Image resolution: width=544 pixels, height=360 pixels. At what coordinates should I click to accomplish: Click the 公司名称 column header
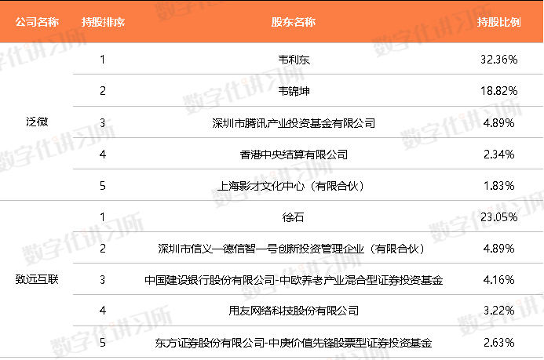pos(37,22)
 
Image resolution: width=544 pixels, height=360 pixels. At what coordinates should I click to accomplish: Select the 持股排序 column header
pos(103,22)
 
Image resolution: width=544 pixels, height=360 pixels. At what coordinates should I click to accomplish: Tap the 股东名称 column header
pos(294,22)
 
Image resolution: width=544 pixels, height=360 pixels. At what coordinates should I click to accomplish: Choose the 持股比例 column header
pos(499,22)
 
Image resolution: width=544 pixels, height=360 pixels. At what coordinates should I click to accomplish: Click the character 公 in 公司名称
pos(20,22)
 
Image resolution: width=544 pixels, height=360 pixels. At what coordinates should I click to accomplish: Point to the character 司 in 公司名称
pos(31,22)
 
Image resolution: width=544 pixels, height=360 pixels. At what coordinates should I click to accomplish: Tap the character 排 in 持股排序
pos(108,22)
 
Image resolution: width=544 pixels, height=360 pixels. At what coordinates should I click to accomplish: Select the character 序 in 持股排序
pos(119,22)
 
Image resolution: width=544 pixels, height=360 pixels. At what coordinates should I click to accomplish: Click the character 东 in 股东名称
pos(288,22)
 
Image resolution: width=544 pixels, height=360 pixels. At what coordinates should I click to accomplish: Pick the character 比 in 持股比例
pos(505,22)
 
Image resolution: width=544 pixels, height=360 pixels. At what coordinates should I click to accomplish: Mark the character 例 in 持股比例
pos(516,22)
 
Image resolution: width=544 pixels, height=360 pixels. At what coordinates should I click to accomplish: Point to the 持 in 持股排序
pos(86,22)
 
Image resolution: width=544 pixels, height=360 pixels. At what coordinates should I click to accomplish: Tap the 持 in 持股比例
pos(483,22)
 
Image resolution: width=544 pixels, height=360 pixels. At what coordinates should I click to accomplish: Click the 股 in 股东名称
pos(277,22)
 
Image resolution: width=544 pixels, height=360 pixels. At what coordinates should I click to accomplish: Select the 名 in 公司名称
pos(42,22)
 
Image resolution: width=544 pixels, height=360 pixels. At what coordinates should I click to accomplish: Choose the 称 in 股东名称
pos(310,22)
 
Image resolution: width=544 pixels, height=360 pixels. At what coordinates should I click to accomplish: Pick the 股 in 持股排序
pos(97,22)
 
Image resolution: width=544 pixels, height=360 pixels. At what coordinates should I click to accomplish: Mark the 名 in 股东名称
pos(299,22)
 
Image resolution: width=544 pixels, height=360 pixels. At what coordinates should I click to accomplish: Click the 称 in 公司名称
pos(53,22)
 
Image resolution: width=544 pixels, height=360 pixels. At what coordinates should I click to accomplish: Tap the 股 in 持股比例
pos(494,22)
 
